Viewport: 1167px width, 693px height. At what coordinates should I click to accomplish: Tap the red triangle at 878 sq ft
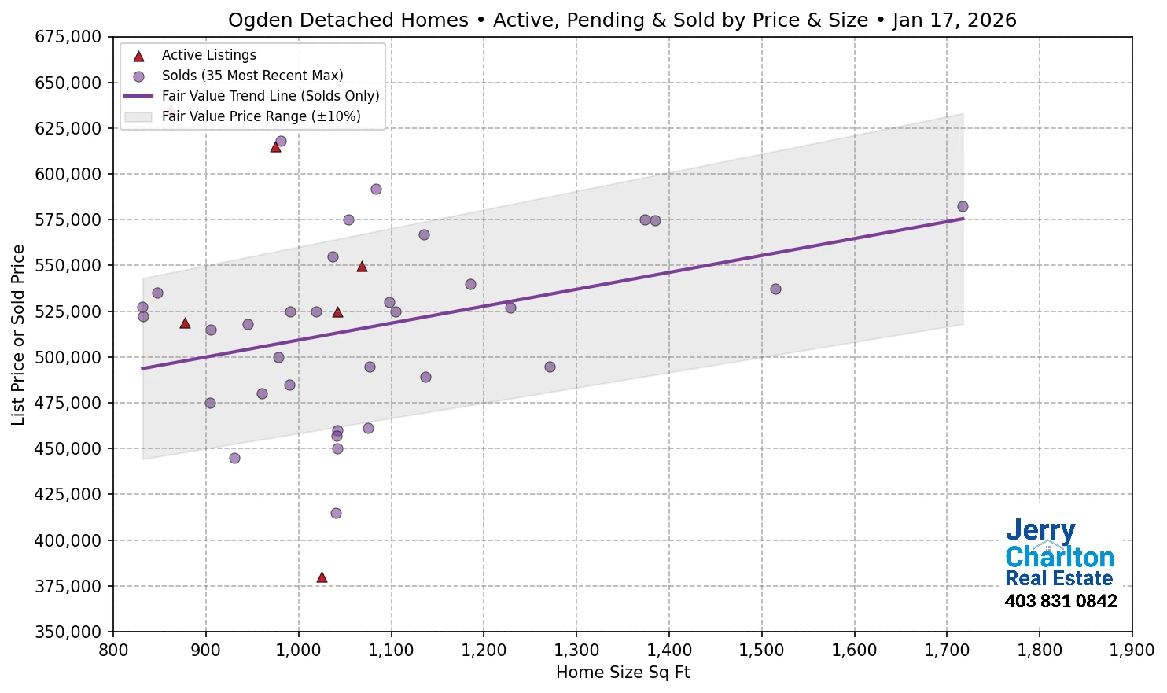[x=185, y=323]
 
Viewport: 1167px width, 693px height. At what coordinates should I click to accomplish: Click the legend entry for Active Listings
[x=208, y=55]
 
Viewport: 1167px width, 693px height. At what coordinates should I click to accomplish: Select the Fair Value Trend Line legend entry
[x=270, y=96]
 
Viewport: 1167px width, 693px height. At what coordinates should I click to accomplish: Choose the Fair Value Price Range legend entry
[x=260, y=116]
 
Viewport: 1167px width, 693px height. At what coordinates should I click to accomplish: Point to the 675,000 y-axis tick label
[x=68, y=37]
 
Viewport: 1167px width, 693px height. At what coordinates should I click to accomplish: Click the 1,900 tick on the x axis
[x=1132, y=651]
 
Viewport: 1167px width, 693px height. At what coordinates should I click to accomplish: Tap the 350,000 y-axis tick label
[x=68, y=632]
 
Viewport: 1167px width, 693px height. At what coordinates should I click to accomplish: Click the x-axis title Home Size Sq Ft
[x=622, y=673]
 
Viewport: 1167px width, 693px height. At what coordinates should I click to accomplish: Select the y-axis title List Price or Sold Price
[x=19, y=335]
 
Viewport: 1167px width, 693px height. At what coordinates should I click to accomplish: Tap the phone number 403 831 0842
[x=1060, y=602]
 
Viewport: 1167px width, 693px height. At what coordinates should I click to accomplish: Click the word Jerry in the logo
[x=1040, y=531]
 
